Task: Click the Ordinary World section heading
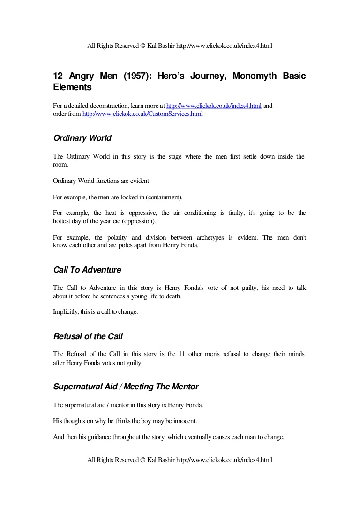(82, 138)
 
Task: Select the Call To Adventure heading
(87, 270)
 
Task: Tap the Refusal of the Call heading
(88, 336)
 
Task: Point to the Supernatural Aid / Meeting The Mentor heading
(126, 387)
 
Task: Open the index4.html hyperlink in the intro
(214, 106)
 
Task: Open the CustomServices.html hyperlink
(142, 114)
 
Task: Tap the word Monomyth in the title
(251, 76)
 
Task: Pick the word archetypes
(209, 237)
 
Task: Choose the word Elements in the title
(72, 87)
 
